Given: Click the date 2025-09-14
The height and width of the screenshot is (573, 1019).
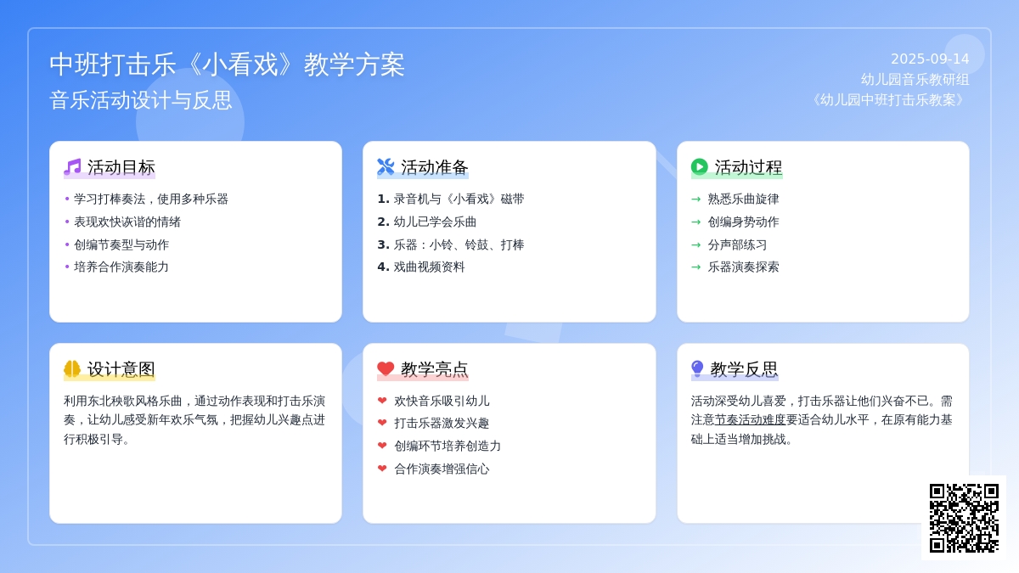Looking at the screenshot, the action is pos(930,59).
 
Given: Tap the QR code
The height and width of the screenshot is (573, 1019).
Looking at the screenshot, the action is pos(964,518).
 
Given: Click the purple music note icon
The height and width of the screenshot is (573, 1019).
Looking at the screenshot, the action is pos(72,167).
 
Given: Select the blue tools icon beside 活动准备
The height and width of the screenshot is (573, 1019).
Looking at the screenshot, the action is pos(386,167).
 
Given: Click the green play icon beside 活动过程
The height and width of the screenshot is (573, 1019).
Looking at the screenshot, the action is pos(699,167).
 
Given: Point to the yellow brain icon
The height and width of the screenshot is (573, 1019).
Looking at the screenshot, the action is pos(72,368).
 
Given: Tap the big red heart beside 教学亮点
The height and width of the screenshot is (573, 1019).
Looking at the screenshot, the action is pos(386,368).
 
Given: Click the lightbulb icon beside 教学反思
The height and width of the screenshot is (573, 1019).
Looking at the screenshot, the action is pos(697,368).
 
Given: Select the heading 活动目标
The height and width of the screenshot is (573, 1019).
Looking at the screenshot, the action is pos(121,167).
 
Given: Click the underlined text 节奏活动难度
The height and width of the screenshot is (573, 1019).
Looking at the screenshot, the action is pos(750,419).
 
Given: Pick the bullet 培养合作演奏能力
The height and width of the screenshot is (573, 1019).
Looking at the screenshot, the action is pos(121,267).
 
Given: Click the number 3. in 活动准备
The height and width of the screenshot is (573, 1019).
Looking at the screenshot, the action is pos(383,244).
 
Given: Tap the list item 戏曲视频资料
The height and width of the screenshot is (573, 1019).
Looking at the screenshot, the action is pos(429,267).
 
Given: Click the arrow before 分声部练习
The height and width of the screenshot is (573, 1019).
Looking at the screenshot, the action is pos(696,244).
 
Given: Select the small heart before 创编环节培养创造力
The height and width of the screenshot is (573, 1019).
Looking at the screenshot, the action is pos(382,445).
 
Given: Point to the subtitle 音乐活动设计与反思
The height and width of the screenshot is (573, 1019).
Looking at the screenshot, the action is pos(141,100).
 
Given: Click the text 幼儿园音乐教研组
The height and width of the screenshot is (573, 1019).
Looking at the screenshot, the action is pos(915,80).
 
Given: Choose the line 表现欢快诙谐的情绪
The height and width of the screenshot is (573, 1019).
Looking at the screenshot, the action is pos(127,222).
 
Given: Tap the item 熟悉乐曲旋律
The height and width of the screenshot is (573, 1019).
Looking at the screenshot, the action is pos(743,199).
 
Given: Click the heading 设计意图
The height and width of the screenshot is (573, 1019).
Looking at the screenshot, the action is pos(121,369).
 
